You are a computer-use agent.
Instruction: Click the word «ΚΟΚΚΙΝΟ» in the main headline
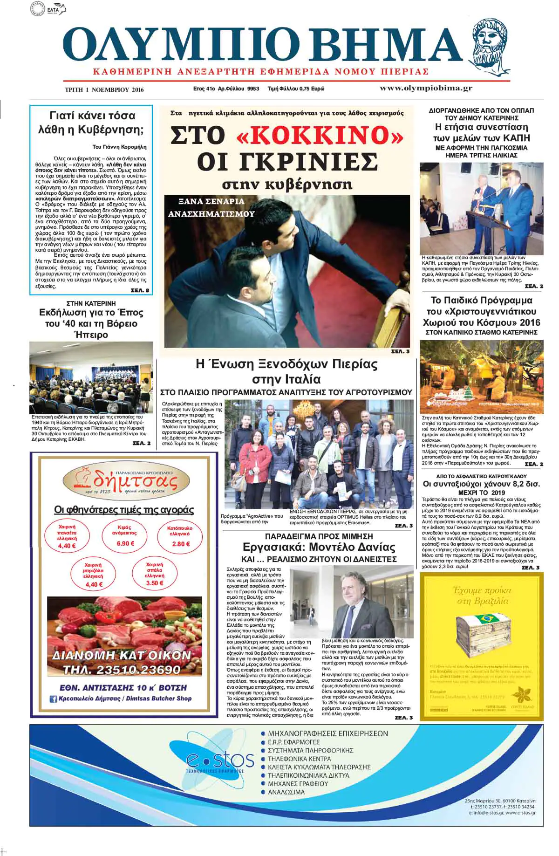(320, 135)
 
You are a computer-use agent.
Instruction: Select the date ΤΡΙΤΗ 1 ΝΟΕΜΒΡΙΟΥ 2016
(104, 90)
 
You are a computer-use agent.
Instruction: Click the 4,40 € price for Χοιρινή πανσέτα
(67, 546)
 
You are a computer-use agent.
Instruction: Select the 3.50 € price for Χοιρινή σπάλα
(154, 583)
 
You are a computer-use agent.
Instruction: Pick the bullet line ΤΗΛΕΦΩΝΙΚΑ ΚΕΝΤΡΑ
(299, 759)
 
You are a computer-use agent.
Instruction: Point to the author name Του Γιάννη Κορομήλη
(120, 147)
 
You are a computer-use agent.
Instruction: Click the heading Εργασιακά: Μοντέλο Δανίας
(319, 547)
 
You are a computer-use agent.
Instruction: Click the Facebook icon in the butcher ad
(53, 698)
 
